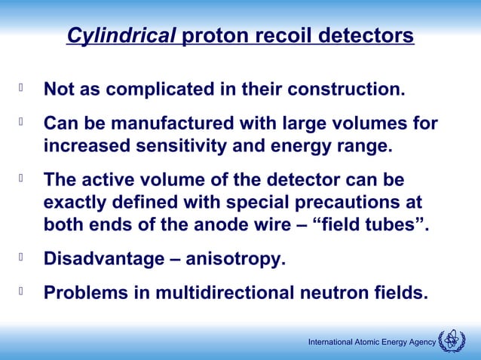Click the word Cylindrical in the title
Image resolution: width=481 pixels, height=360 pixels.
click(121, 36)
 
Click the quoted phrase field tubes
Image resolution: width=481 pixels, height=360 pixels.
click(381, 225)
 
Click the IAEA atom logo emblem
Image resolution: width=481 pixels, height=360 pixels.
click(452, 341)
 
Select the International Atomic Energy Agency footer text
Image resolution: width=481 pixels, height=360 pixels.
click(372, 343)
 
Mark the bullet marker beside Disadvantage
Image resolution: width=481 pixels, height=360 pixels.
click(22, 258)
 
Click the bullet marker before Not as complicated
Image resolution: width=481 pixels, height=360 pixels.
click(22, 90)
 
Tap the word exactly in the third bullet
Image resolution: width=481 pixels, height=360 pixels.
click(75, 203)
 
